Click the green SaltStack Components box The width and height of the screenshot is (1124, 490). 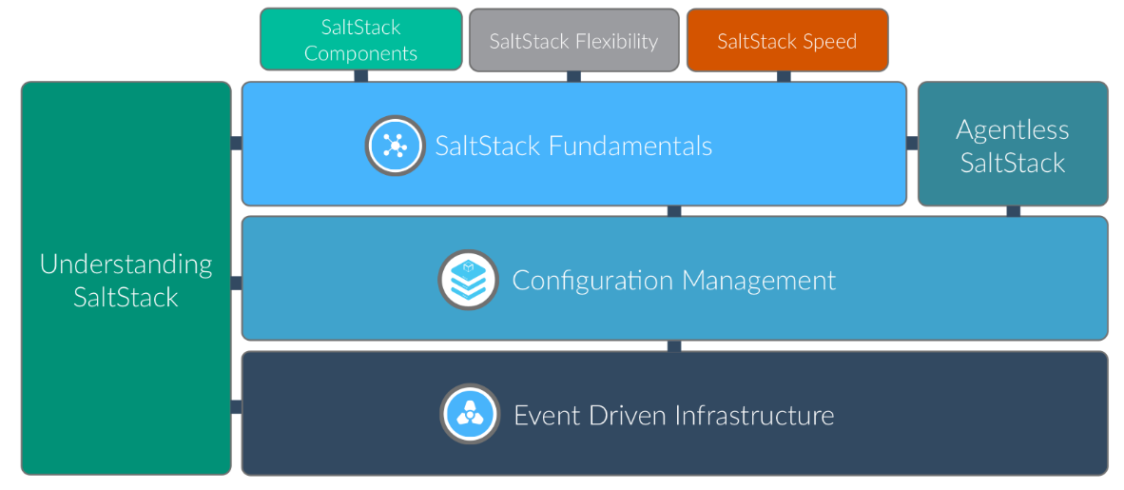tap(360, 40)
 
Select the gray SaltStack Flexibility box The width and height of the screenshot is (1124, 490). tap(573, 40)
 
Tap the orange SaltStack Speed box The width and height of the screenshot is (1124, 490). tap(786, 40)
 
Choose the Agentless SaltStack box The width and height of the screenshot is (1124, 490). tap(1012, 145)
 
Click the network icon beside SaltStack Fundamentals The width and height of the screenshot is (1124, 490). tap(395, 145)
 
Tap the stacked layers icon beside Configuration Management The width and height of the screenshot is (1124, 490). tap(468, 280)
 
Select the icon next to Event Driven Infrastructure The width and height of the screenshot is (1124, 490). tap(469, 414)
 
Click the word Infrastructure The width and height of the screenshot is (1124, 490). tap(754, 416)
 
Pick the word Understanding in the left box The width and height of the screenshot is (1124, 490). tap(126, 264)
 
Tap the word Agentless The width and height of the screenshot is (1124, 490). tap(1012, 129)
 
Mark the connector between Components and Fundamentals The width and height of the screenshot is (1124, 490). tap(361, 76)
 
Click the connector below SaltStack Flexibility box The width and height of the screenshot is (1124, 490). tap(573, 76)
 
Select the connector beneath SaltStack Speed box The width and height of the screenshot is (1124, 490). tap(784, 76)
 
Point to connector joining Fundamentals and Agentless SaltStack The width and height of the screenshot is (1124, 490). tap(912, 143)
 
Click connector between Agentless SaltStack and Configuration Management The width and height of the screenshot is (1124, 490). tap(1014, 211)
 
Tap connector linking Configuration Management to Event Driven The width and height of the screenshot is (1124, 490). tap(674, 346)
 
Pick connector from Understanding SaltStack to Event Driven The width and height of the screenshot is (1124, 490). tap(236, 407)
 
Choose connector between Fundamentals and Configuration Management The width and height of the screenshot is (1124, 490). tap(674, 211)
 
